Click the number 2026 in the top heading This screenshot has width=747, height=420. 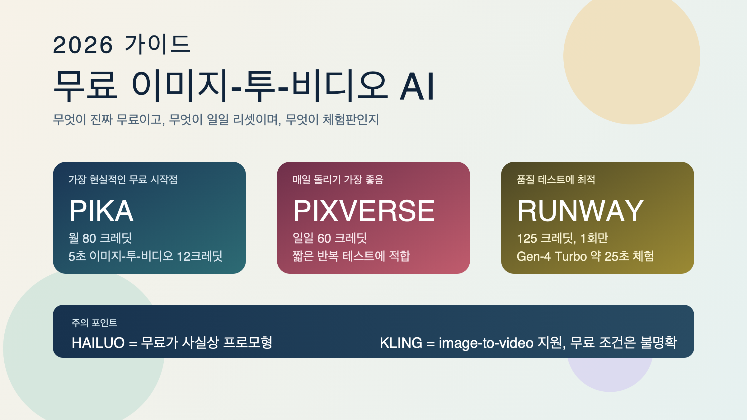83,45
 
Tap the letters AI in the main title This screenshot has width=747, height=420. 417,86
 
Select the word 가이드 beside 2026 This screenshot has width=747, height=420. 157,44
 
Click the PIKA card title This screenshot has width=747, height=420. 101,211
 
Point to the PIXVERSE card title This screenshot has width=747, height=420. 364,211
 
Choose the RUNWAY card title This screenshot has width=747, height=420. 580,211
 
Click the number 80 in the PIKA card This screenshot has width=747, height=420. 89,238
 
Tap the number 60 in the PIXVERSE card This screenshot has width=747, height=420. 324,238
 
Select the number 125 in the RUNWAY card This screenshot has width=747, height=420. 527,238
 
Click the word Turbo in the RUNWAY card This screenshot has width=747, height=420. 571,256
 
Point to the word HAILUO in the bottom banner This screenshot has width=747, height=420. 98,343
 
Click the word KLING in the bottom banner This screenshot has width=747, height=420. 401,343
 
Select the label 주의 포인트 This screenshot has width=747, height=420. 94,323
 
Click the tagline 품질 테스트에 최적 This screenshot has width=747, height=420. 556,180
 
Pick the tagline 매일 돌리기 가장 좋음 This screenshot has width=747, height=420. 338,180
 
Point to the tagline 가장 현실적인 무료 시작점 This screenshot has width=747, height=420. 123,180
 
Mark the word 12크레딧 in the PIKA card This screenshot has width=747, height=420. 200,256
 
